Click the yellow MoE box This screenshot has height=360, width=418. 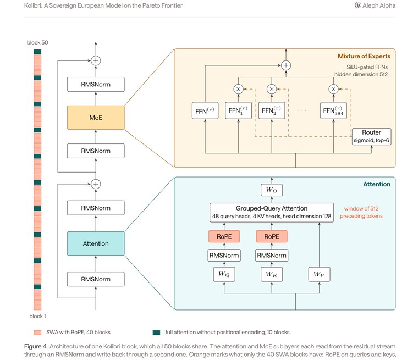click(x=96, y=118)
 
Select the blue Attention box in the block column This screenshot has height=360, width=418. click(x=96, y=243)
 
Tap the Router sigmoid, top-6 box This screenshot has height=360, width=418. click(x=371, y=136)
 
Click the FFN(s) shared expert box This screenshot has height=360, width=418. click(x=205, y=110)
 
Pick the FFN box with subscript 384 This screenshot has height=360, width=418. click(x=333, y=110)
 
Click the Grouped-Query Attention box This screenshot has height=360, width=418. click(x=272, y=212)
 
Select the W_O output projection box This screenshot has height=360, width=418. click(x=272, y=190)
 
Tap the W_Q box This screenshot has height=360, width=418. click(x=224, y=274)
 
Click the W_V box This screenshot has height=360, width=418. click(x=319, y=274)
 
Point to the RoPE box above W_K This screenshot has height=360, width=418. click(x=272, y=236)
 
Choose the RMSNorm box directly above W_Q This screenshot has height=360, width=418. click(x=224, y=255)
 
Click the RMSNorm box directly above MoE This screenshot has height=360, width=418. click(x=96, y=84)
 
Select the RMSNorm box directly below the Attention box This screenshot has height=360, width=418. click(x=96, y=279)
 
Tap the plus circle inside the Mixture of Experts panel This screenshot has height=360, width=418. click(x=286, y=65)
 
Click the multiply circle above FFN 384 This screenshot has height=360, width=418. click(x=333, y=89)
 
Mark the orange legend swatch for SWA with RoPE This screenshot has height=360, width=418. click(x=37, y=333)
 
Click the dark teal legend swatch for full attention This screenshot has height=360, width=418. click(x=156, y=333)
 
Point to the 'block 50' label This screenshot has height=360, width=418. click(x=37, y=42)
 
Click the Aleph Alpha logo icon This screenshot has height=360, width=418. click(x=358, y=5)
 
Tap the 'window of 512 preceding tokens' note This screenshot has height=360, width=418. click(x=361, y=212)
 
